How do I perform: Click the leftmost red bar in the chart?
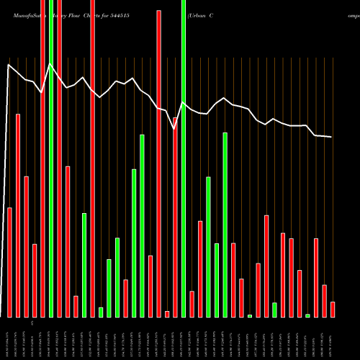9,262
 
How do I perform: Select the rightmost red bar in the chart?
333,309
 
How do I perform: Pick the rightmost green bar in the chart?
307,315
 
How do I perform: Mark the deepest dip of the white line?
175,129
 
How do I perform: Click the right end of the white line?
332,137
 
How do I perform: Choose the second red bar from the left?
18,215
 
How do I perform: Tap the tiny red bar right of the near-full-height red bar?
167,313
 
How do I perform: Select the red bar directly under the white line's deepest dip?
175,217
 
